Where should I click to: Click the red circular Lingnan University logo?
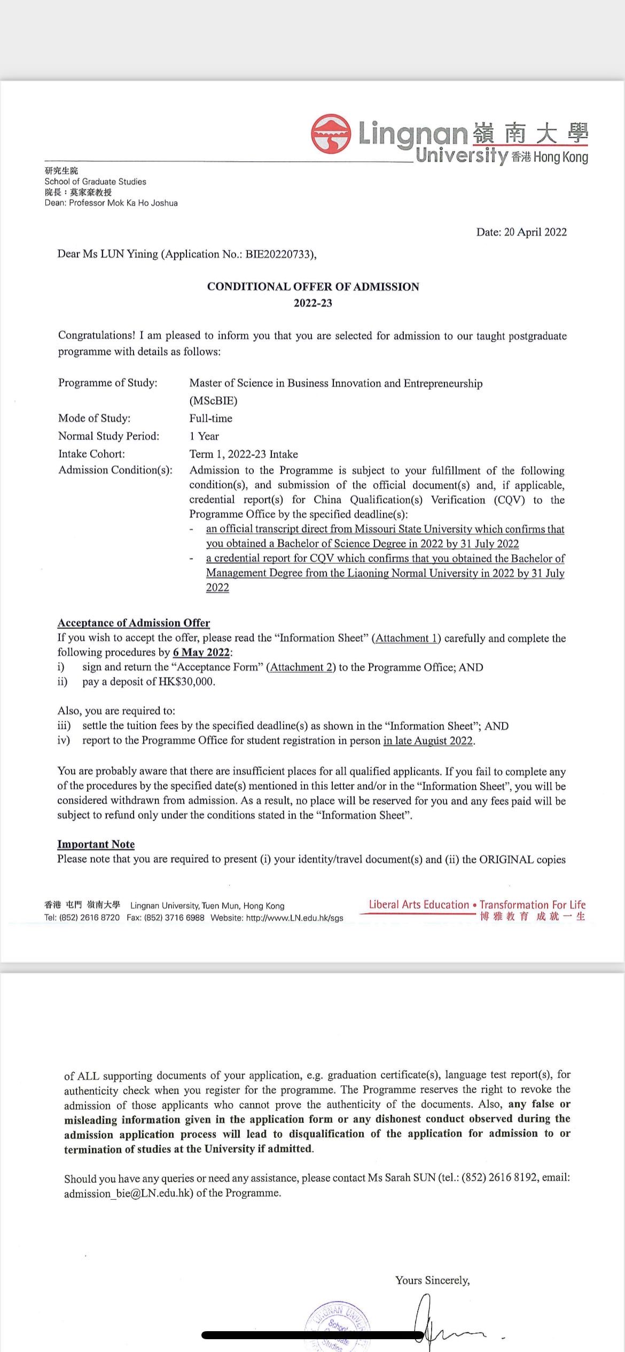pyautogui.click(x=331, y=133)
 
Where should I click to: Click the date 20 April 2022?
pyautogui.click(x=535, y=232)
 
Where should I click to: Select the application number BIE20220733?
pyautogui.click(x=278, y=254)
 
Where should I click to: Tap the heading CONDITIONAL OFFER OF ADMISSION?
pyautogui.click(x=313, y=287)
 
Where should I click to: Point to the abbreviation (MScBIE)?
pyautogui.click(x=213, y=400)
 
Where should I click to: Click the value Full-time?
pyautogui.click(x=210, y=418)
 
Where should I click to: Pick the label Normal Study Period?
pyautogui.click(x=108, y=436)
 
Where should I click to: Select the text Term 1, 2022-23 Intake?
pyautogui.click(x=244, y=454)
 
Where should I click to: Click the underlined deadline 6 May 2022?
pyautogui.click(x=201, y=653)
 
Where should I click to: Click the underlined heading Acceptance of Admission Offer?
pyautogui.click(x=134, y=623)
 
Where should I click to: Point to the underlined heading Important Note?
pyautogui.click(x=96, y=844)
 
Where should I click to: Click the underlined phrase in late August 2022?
pyautogui.click(x=428, y=741)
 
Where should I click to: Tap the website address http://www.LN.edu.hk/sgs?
pyautogui.click(x=294, y=918)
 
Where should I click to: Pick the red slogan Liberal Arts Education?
pyautogui.click(x=419, y=905)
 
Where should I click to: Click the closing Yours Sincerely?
pyautogui.click(x=432, y=1280)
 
